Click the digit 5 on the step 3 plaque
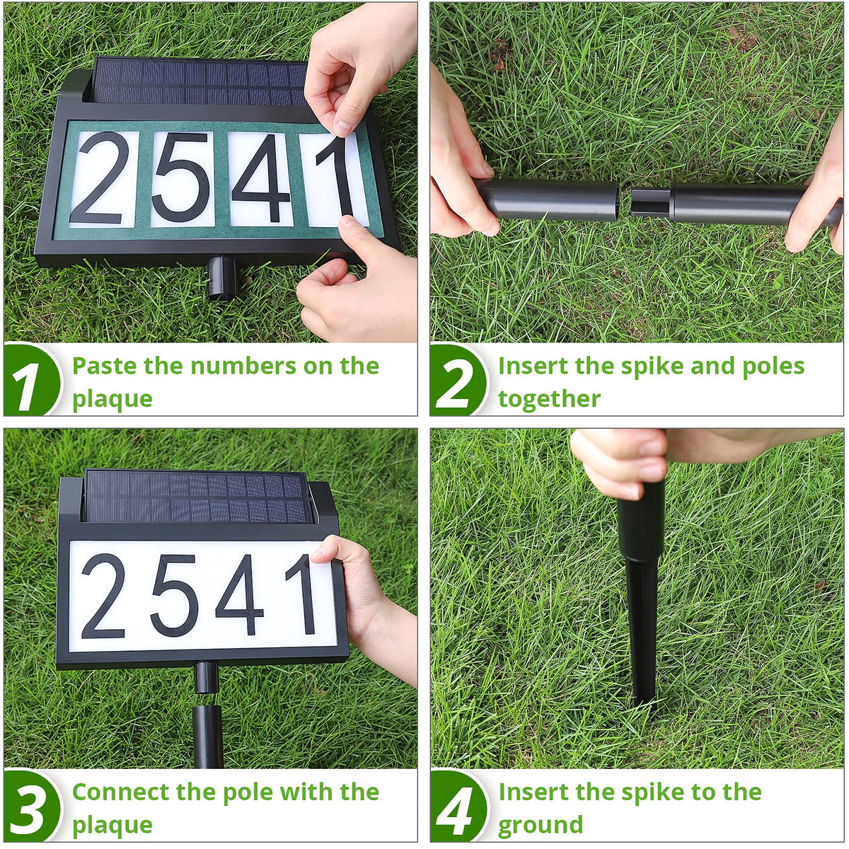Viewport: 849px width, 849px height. (x=175, y=595)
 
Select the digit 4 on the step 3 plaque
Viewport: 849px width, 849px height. (x=240, y=595)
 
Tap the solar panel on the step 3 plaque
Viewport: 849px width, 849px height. (x=195, y=496)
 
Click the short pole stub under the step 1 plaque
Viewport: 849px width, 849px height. (x=221, y=277)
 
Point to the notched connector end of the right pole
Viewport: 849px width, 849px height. (x=650, y=203)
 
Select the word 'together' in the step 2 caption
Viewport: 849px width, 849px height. (x=550, y=399)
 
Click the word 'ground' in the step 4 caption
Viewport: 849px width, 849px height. (x=540, y=825)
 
